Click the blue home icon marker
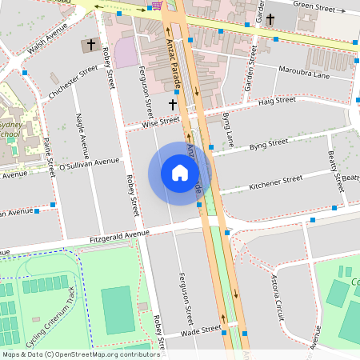(179, 173)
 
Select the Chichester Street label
(68, 87)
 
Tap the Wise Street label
(160, 122)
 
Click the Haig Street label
(277, 101)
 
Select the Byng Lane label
(227, 130)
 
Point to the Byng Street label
(267, 144)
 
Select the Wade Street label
(201, 330)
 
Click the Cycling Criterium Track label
(57, 320)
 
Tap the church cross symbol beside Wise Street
(172, 104)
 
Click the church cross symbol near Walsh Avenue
(90, 45)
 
